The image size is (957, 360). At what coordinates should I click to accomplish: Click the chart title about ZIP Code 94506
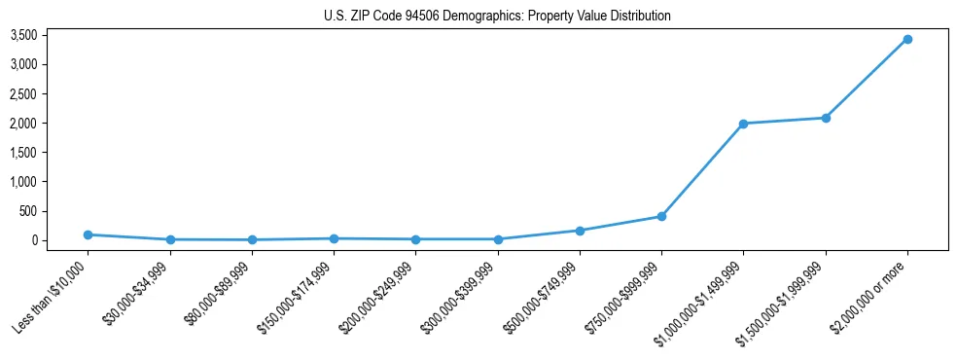(497, 17)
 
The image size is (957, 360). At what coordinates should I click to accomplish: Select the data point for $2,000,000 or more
(907, 39)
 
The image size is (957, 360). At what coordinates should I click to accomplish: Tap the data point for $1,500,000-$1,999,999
(826, 118)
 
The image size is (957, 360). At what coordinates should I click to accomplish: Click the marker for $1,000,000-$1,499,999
(743, 124)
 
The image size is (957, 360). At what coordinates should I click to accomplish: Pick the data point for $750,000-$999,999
(661, 216)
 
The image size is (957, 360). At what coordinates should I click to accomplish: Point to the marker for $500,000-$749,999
(580, 231)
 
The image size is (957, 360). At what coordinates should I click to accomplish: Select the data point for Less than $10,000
(89, 234)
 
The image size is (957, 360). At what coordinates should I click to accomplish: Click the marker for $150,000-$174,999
(334, 238)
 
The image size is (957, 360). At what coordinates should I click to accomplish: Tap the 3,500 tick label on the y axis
(23, 35)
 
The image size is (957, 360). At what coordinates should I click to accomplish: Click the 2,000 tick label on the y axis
(23, 124)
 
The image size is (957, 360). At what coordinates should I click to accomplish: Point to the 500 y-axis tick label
(28, 211)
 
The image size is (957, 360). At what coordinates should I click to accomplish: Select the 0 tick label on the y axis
(34, 240)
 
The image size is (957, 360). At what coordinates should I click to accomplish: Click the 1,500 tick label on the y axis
(23, 153)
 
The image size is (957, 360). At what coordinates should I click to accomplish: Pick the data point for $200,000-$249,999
(415, 239)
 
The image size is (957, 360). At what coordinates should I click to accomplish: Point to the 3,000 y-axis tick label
(23, 64)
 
